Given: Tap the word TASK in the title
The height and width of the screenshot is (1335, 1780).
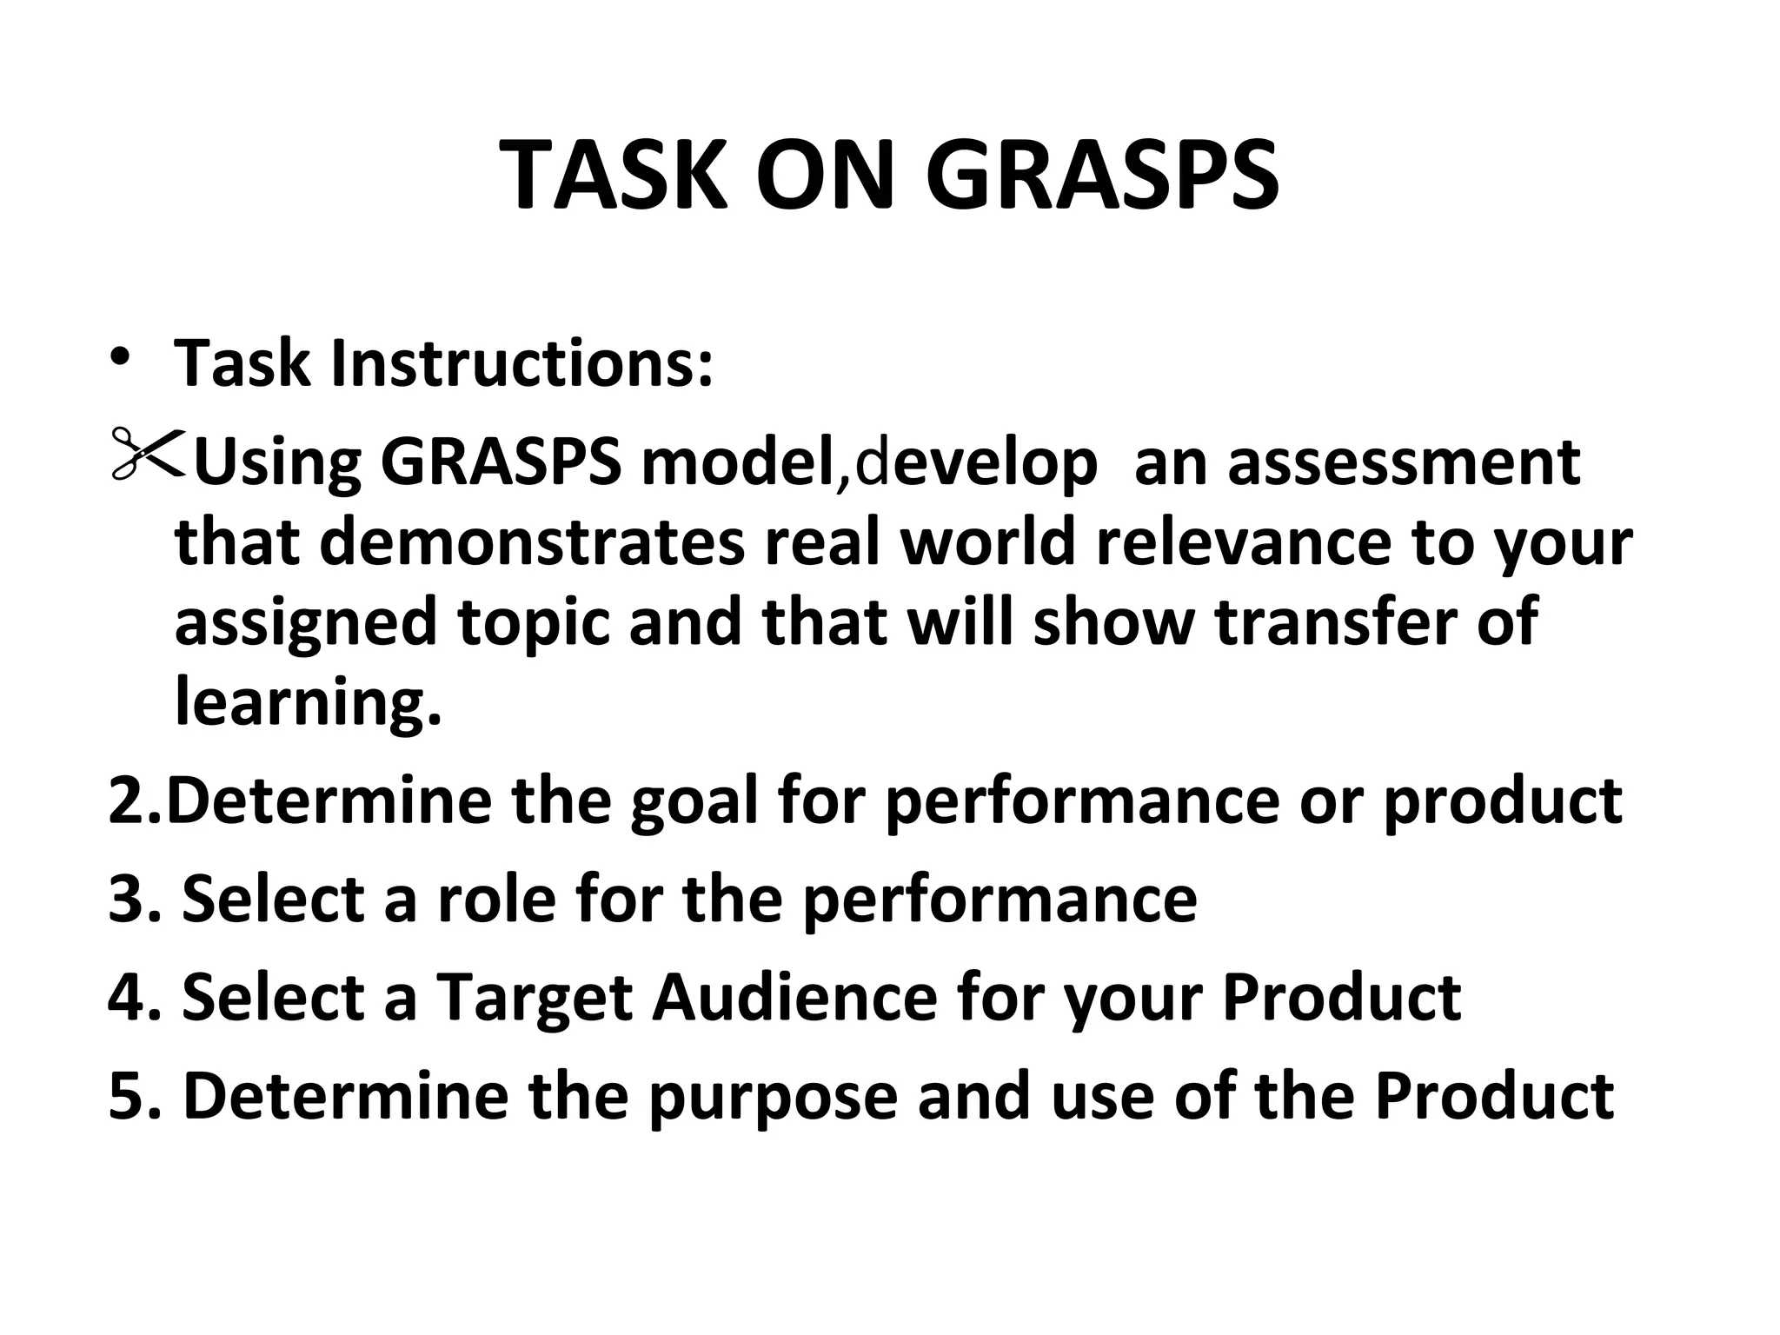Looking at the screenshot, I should click(614, 176).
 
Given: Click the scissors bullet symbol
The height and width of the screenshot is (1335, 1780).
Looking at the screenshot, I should click(146, 453).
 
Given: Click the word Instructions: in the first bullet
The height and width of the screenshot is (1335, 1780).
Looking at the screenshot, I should click(521, 363).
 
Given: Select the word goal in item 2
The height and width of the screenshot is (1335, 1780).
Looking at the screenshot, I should click(695, 800).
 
